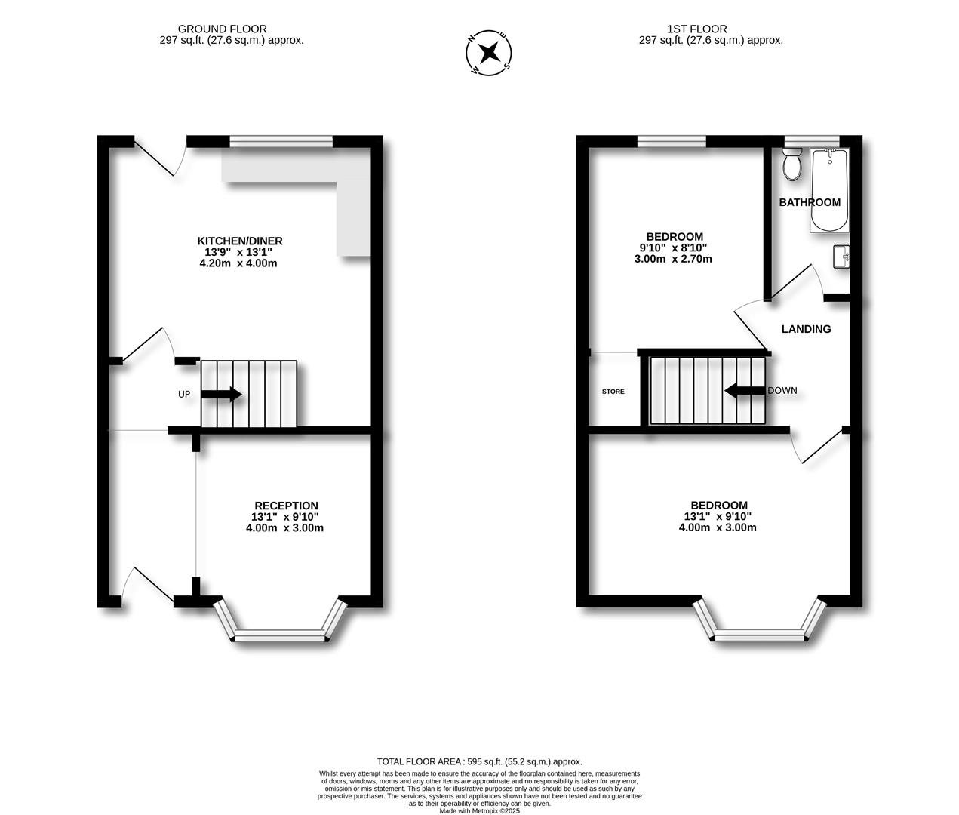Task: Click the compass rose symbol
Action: coord(488,52)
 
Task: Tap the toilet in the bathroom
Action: coord(791,163)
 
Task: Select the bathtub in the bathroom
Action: coord(829,190)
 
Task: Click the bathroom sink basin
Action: coord(841,257)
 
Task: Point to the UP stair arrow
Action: coord(221,395)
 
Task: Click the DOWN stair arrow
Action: coord(745,391)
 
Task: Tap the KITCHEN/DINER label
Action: coord(240,241)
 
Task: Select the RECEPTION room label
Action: coord(286,506)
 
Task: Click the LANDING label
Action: coord(806,329)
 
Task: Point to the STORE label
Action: coord(613,391)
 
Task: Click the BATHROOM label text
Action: coord(810,202)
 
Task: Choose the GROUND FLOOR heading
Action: coord(223,29)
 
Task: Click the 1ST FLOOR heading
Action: coord(697,29)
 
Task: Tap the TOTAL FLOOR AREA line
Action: coord(479,761)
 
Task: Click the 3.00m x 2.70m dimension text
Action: coord(673,259)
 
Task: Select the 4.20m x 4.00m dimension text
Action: coord(238,263)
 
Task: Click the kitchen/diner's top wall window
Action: coord(281,141)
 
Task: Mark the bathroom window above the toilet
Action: coord(812,141)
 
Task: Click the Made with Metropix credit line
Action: coord(479,811)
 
